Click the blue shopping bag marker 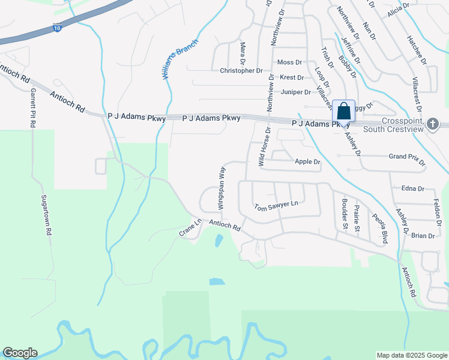click(343, 112)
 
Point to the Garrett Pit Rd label click(32, 107)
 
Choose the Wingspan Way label click(221, 188)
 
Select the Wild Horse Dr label click(262, 146)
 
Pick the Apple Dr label click(308, 162)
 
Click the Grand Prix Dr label click(406, 160)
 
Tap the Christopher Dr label click(241, 71)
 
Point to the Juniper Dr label click(295, 92)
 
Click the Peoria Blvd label click(379, 229)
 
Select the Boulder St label click(345, 214)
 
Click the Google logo click(20, 353)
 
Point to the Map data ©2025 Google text click(411, 355)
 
